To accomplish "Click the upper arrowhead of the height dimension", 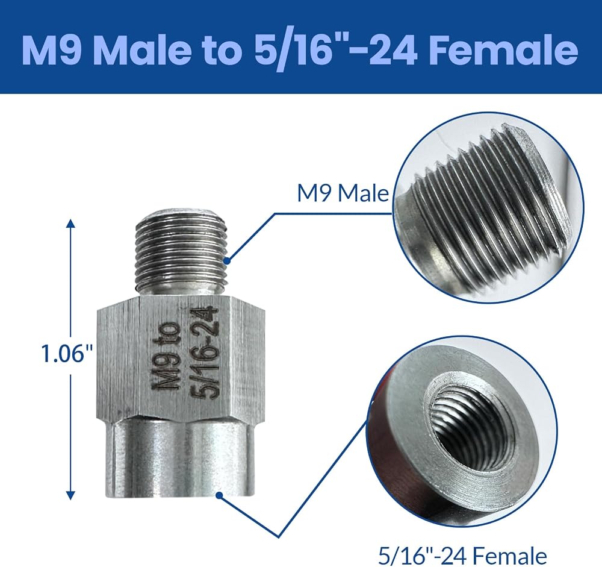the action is [x=70, y=224].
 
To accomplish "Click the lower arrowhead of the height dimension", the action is [x=70, y=495].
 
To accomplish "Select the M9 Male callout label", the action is [x=343, y=193].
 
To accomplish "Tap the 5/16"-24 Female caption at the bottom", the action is [x=462, y=555].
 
